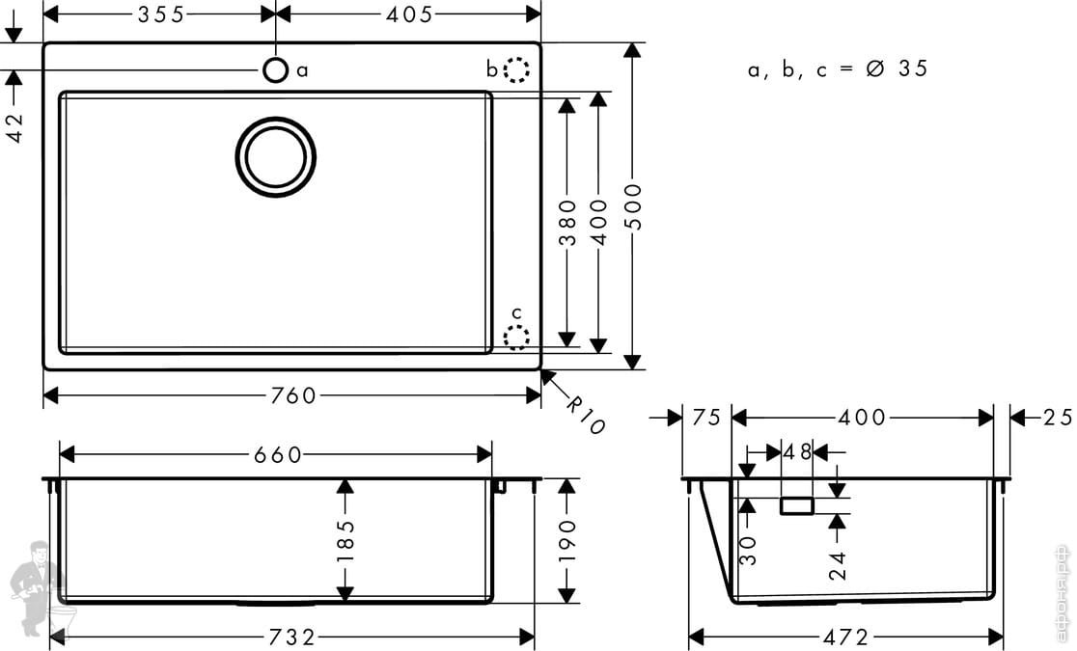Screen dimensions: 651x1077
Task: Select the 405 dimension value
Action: tap(408, 14)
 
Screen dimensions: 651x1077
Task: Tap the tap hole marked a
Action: tap(275, 69)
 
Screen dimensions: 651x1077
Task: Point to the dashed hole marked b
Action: tap(517, 70)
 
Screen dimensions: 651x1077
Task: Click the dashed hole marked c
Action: tap(517, 338)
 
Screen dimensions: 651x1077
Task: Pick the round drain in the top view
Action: tap(276, 157)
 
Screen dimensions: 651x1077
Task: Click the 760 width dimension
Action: tap(293, 395)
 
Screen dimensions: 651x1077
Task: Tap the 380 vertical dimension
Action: tap(567, 221)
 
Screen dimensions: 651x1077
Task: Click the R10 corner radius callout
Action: tap(584, 415)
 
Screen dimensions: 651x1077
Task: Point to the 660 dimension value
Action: tap(278, 454)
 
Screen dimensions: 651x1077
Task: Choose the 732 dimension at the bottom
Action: tap(291, 637)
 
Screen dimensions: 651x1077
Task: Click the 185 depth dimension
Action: tap(345, 541)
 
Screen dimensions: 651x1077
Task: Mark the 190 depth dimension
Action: tap(566, 540)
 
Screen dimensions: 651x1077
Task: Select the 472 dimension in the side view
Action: tap(846, 637)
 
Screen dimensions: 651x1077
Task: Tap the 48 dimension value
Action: tap(798, 451)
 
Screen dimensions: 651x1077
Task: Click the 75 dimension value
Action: tap(707, 418)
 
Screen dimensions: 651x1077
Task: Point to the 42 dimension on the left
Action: tap(15, 124)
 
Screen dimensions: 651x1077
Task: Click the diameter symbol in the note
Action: tap(875, 68)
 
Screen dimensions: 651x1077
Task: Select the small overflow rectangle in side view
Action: tap(797, 505)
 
